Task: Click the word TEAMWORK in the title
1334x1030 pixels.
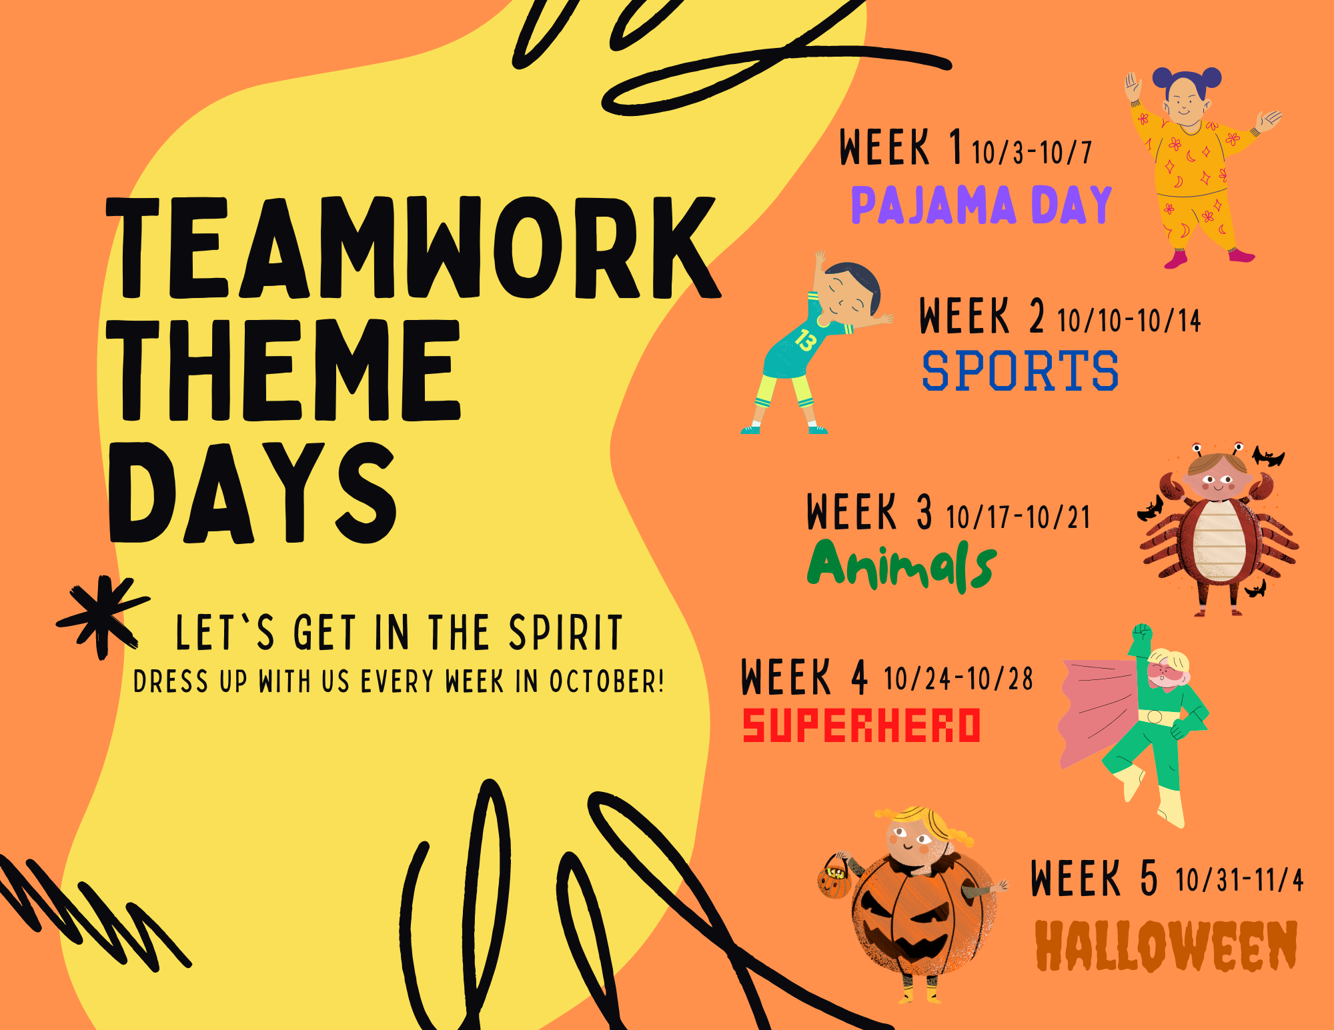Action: pyautogui.click(x=414, y=247)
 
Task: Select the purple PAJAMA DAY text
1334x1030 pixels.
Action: pyautogui.click(x=981, y=205)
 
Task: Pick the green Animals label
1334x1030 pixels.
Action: pyautogui.click(x=902, y=565)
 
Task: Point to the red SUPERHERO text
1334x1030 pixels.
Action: pyautogui.click(x=862, y=725)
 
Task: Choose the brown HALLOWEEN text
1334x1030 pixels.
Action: pyautogui.click(x=1166, y=945)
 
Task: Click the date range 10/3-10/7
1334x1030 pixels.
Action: pyautogui.click(x=1032, y=153)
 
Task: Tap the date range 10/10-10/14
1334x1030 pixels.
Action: pyautogui.click(x=1129, y=321)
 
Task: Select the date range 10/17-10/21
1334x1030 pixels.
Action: pyautogui.click(x=1018, y=517)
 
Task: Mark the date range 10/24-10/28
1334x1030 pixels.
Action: pyautogui.click(x=958, y=679)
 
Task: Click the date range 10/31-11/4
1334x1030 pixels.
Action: pyautogui.click(x=1239, y=880)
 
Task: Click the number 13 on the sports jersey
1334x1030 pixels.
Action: pyautogui.click(x=805, y=340)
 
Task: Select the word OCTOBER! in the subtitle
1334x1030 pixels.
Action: pyautogui.click(x=606, y=681)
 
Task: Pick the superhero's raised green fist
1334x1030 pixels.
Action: pyautogui.click(x=1143, y=631)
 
